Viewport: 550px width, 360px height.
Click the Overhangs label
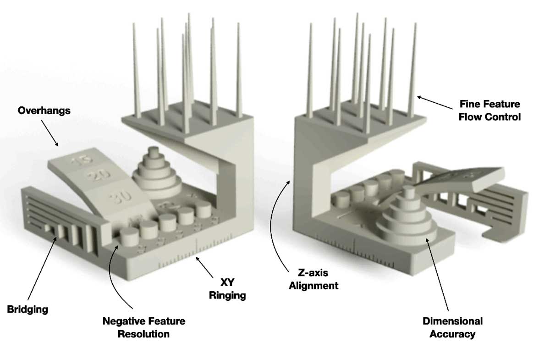click(x=44, y=111)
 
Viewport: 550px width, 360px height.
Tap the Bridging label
click(x=27, y=309)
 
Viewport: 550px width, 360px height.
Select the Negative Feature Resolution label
click(x=144, y=327)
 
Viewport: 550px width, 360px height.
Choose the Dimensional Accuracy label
click(x=452, y=327)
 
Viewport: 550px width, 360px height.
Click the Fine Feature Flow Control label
click(x=491, y=111)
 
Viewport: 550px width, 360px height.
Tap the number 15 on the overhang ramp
click(x=82, y=161)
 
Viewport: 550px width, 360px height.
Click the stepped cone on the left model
click(x=155, y=169)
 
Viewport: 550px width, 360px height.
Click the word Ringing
click(x=227, y=295)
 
